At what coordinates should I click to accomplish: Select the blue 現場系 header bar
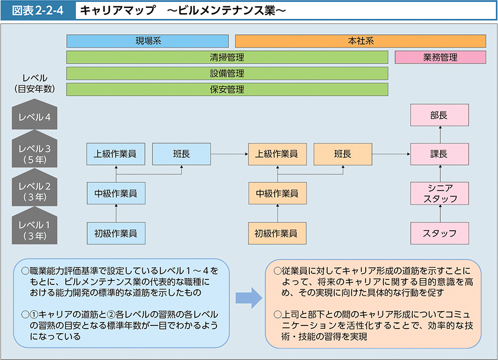click(148, 41)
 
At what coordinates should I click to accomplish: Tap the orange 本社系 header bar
click(360, 41)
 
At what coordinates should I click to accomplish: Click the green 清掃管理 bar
click(227, 57)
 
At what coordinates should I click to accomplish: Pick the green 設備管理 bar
click(227, 74)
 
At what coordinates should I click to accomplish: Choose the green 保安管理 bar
click(227, 89)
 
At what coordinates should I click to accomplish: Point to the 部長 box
click(439, 115)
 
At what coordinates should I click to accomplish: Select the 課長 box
click(439, 154)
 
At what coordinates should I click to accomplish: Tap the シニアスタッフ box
click(439, 193)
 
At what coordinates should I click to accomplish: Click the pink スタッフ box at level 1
click(439, 233)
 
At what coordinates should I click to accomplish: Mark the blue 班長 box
click(181, 154)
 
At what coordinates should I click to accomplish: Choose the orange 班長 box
click(343, 154)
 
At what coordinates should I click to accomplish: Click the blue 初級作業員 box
click(116, 233)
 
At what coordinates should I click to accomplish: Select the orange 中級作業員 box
click(277, 193)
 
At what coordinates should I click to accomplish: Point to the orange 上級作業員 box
click(277, 154)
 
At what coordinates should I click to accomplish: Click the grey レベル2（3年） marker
click(34, 191)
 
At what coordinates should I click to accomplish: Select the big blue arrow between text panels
click(248, 297)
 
